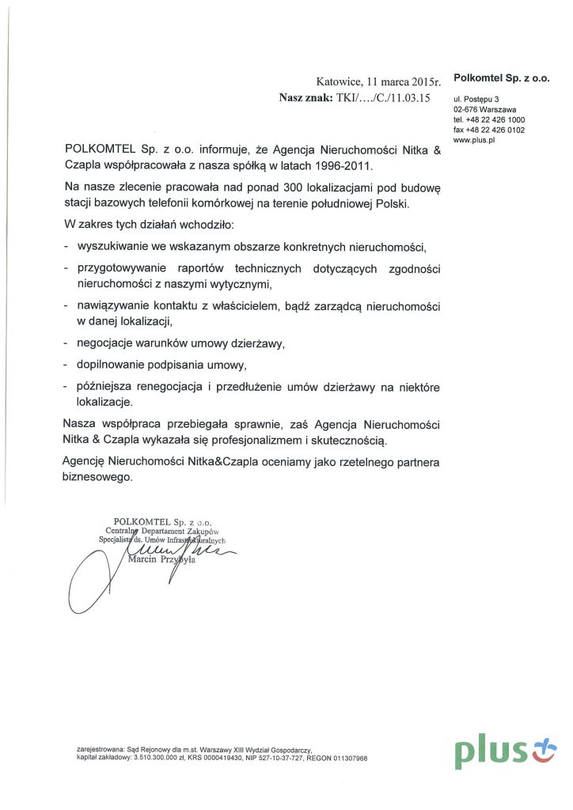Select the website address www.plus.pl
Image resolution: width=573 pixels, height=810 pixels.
[473, 140]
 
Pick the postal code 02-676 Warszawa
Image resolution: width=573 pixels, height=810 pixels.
[484, 109]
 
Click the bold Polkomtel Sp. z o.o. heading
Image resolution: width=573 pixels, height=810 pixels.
[502, 78]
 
